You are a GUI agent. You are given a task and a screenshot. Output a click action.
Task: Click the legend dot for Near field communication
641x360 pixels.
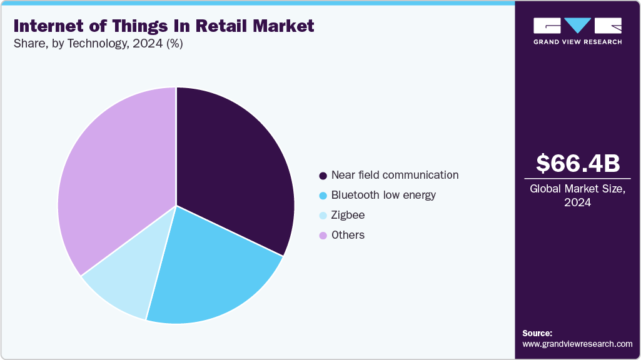click(x=323, y=176)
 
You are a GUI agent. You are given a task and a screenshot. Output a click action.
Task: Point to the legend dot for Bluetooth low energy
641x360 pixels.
click(x=323, y=196)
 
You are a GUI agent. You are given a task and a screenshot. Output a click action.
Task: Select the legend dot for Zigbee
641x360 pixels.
click(x=323, y=216)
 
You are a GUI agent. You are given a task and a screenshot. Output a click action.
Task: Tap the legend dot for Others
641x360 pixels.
click(x=323, y=236)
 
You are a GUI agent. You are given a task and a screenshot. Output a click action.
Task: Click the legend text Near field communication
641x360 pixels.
click(x=395, y=175)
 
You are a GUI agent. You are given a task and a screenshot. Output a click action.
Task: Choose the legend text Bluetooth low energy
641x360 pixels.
click(x=383, y=195)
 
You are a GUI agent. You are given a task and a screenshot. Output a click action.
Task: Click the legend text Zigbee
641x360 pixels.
click(x=348, y=215)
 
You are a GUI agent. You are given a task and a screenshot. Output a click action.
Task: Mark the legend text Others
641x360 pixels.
click(x=348, y=235)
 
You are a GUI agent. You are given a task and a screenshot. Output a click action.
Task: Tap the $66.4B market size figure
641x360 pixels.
click(x=578, y=163)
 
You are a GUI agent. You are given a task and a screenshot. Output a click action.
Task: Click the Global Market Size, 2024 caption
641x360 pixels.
click(x=578, y=196)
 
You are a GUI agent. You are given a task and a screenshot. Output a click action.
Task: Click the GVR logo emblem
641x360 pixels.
click(x=577, y=26)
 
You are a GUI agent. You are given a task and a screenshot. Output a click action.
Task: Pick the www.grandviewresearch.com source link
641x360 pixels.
click(x=577, y=344)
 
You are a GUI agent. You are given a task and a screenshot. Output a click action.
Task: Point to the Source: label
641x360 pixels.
click(x=537, y=333)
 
